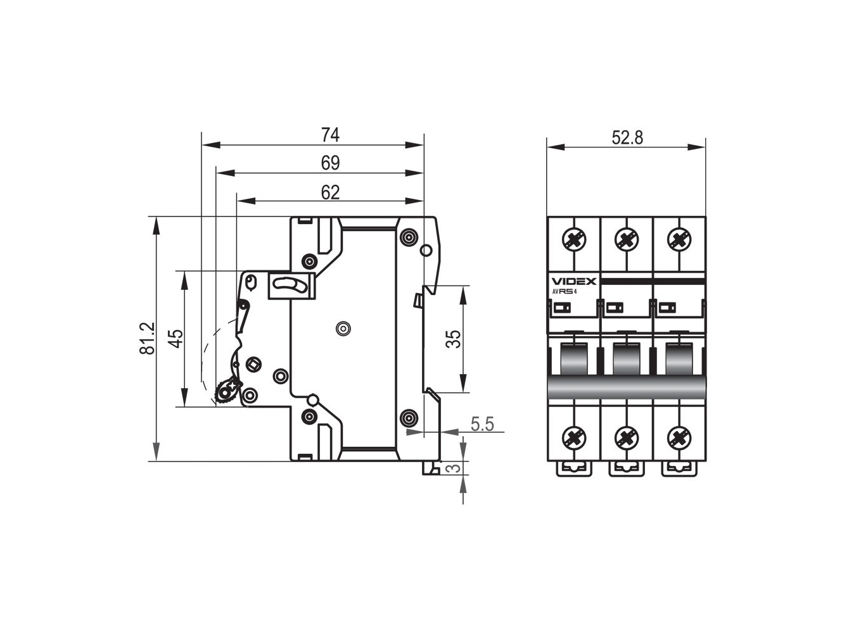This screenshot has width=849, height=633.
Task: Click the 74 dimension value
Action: tap(330, 135)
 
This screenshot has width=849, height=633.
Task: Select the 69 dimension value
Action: tap(330, 163)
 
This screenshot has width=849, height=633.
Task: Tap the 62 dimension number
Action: tap(330, 192)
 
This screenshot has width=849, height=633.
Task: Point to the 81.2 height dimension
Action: tap(148, 339)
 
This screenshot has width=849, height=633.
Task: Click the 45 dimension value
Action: tap(177, 339)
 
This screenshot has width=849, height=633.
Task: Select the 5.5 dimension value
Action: tap(482, 424)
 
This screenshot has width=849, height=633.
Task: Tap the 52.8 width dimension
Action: tap(627, 137)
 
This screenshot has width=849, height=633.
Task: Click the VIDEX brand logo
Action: tap(573, 281)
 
